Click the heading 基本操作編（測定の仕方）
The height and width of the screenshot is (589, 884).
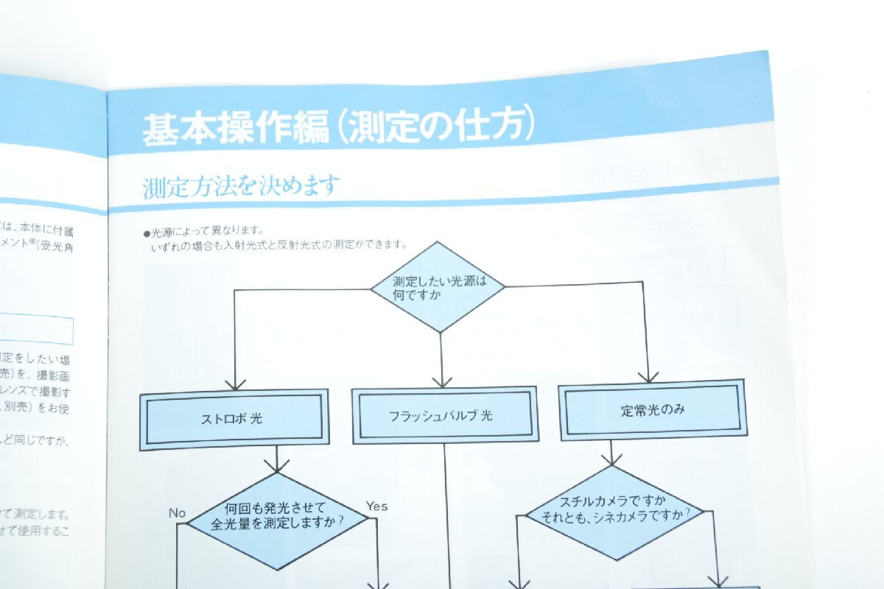(x=337, y=126)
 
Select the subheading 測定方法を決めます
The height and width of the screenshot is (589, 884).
(x=241, y=186)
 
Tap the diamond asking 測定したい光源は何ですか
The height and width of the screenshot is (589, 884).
(x=438, y=287)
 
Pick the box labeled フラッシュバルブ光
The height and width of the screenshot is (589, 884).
(x=441, y=415)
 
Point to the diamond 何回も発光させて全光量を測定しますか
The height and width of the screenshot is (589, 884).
(x=278, y=520)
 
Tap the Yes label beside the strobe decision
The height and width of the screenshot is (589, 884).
(x=376, y=506)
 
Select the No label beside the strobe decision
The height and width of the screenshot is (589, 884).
(x=177, y=512)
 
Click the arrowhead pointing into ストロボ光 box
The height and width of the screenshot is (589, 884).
(x=235, y=384)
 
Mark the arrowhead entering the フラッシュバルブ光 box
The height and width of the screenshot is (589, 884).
(x=442, y=381)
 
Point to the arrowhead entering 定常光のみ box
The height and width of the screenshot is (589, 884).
(x=648, y=376)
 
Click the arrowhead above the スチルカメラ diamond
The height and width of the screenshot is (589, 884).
(x=611, y=459)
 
